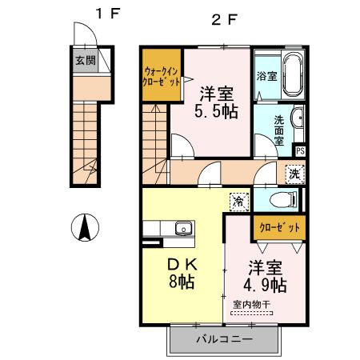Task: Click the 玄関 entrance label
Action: coord(85,60)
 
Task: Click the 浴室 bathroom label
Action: coord(266,77)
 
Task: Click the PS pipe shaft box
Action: coord(300,150)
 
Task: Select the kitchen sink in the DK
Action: coord(183,230)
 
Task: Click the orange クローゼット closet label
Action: coord(279,227)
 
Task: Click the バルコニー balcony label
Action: coord(225,340)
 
